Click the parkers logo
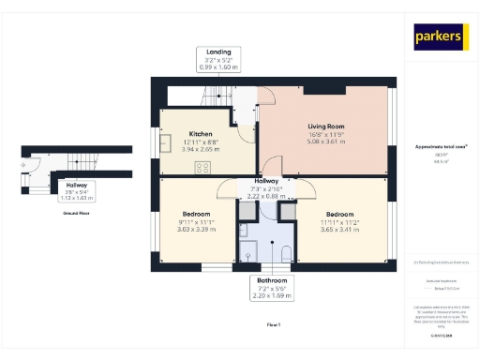439,37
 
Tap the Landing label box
219,58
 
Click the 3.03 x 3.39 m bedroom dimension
195,230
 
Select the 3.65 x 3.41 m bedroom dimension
339,230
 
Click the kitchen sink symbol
165,144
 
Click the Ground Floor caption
77,214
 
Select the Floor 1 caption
273,323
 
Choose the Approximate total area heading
439,147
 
